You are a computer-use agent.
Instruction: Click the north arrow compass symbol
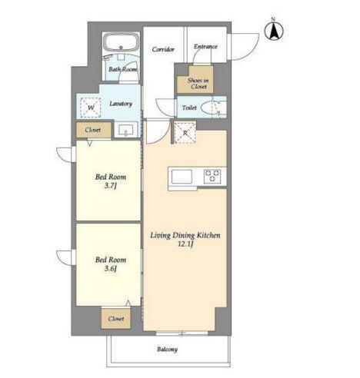pyautogui.click(x=274, y=31)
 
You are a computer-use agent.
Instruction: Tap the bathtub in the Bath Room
pyautogui.click(x=121, y=43)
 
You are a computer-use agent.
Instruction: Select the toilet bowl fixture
pyautogui.click(x=211, y=108)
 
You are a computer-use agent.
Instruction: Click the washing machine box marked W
pyautogui.click(x=91, y=108)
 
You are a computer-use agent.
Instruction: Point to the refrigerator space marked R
pyautogui.click(x=185, y=133)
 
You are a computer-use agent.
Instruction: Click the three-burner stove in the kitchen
pyautogui.click(x=212, y=176)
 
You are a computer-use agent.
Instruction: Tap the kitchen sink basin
pyautogui.click(x=182, y=177)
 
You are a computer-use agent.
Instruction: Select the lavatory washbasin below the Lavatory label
pyautogui.click(x=126, y=130)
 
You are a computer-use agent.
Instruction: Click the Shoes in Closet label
pyautogui.click(x=198, y=84)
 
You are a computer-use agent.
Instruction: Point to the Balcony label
pyautogui.click(x=167, y=350)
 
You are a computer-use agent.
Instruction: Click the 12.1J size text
pyautogui.click(x=185, y=244)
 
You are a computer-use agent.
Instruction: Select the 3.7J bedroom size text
pyautogui.click(x=111, y=186)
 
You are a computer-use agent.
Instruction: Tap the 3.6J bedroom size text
pyautogui.click(x=111, y=268)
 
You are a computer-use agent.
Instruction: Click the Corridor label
pyautogui.click(x=163, y=49)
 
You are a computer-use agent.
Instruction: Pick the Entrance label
pyautogui.click(x=205, y=46)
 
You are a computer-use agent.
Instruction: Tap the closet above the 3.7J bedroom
pyautogui.click(x=94, y=130)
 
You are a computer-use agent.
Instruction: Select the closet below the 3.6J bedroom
pyautogui.click(x=116, y=319)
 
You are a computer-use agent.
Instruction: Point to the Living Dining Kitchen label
pyautogui.click(x=185, y=235)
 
